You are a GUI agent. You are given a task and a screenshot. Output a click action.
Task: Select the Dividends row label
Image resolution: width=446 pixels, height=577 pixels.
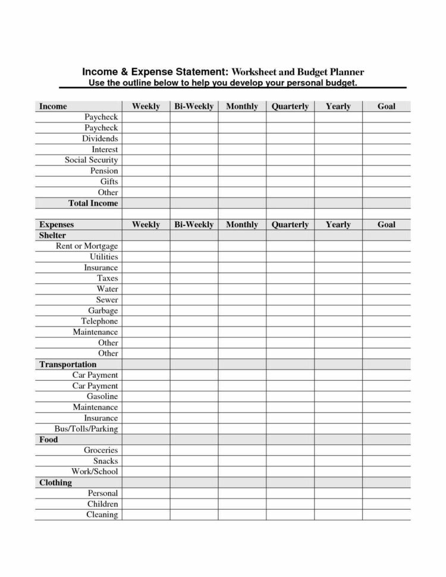click(x=100, y=139)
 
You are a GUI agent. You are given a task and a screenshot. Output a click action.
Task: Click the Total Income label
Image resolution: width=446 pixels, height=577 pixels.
click(x=93, y=203)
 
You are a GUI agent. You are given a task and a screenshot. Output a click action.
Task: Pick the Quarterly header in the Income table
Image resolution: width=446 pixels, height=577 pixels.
click(x=290, y=106)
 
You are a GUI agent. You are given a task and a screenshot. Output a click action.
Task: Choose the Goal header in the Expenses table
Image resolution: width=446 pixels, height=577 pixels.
click(x=387, y=225)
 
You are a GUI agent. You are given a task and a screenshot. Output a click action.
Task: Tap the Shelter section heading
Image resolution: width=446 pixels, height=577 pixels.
click(x=52, y=236)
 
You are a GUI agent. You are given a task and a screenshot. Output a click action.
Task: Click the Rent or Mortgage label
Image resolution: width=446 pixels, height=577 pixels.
click(x=87, y=246)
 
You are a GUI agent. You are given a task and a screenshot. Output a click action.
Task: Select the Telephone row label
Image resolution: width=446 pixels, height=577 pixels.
click(x=99, y=321)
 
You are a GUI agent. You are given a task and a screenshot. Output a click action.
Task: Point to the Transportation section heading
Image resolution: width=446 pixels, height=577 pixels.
click(x=68, y=364)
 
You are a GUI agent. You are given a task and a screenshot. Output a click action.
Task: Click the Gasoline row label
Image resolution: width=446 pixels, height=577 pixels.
click(x=102, y=396)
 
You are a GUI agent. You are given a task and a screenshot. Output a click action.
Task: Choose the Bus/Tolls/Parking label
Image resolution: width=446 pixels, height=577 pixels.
click(x=86, y=428)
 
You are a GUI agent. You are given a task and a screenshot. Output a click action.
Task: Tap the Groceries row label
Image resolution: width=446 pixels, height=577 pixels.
click(x=100, y=450)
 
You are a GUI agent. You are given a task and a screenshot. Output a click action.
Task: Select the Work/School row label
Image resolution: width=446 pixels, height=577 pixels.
click(x=95, y=472)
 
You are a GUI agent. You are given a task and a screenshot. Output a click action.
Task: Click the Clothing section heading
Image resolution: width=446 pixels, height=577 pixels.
click(x=55, y=482)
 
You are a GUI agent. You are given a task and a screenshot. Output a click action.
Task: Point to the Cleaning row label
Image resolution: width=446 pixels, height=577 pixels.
click(x=102, y=515)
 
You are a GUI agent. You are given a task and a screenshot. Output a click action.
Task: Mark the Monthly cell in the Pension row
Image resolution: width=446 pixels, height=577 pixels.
click(x=241, y=171)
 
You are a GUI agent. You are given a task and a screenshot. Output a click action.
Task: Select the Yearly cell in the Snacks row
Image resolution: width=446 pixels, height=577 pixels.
click(x=338, y=461)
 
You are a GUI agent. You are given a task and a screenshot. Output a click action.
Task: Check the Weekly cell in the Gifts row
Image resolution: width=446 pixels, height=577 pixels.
click(x=146, y=182)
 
